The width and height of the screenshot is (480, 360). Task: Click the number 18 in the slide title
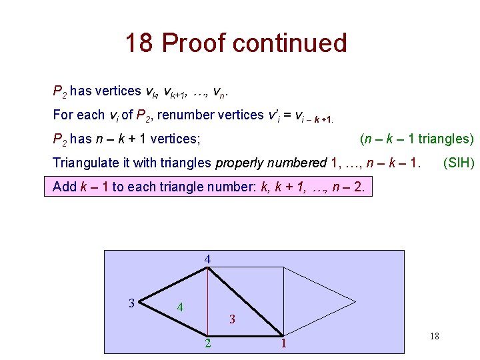(140, 43)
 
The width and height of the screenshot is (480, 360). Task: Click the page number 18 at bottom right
(434, 337)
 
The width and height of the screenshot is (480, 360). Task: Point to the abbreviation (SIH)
(459, 163)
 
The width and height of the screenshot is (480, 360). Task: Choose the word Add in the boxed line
(65, 187)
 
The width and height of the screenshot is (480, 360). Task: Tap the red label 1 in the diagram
(283, 344)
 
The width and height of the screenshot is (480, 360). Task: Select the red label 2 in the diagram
(208, 343)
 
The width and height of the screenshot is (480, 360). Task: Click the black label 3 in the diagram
(131, 303)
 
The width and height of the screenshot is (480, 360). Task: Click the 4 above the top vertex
(208, 259)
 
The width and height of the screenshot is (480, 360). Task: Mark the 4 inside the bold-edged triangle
(180, 307)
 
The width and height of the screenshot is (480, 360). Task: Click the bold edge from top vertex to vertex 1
(245, 301)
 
